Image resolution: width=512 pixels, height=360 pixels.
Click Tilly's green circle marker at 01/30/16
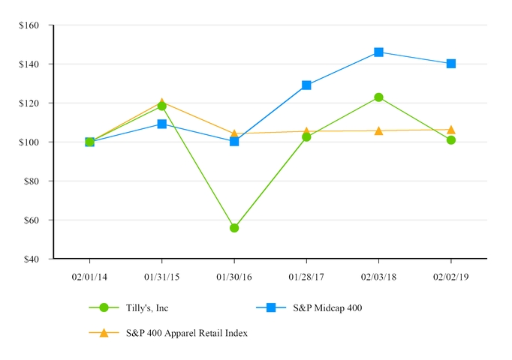point(234,227)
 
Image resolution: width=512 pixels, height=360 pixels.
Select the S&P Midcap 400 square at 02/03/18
point(378,52)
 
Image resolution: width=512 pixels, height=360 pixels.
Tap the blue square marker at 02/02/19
point(450,64)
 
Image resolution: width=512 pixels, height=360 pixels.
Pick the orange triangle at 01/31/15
point(162,102)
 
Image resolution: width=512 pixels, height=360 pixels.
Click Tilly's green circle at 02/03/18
point(378,97)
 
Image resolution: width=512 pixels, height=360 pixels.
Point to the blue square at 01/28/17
point(306,85)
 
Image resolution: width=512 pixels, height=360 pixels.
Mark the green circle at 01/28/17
point(306,136)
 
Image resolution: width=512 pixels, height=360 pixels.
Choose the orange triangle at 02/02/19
point(450,130)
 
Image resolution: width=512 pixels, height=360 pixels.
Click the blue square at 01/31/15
point(162,124)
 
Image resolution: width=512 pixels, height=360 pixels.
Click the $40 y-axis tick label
point(32,259)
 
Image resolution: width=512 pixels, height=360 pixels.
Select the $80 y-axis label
point(32,181)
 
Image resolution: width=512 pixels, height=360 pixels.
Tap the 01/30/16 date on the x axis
point(234,277)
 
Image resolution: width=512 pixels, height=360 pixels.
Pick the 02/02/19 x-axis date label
point(450,277)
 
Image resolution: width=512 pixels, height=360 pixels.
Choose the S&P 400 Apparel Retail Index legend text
point(186,333)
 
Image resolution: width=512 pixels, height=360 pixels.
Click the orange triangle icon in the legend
point(104,332)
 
